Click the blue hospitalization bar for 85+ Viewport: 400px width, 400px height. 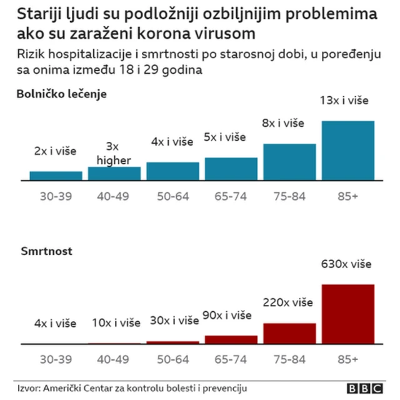click(347, 151)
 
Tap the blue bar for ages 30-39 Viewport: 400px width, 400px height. click(56, 176)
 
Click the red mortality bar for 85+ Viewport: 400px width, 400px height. click(347, 314)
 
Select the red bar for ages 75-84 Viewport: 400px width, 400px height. click(289, 333)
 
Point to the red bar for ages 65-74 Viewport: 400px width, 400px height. click(231, 339)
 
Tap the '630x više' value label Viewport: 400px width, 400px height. click(346, 264)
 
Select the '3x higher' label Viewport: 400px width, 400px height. click(114, 154)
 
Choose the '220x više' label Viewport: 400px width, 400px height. click(287, 303)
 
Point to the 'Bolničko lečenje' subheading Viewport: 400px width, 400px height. click(62, 94)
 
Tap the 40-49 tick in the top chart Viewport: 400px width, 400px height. click(114, 196)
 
